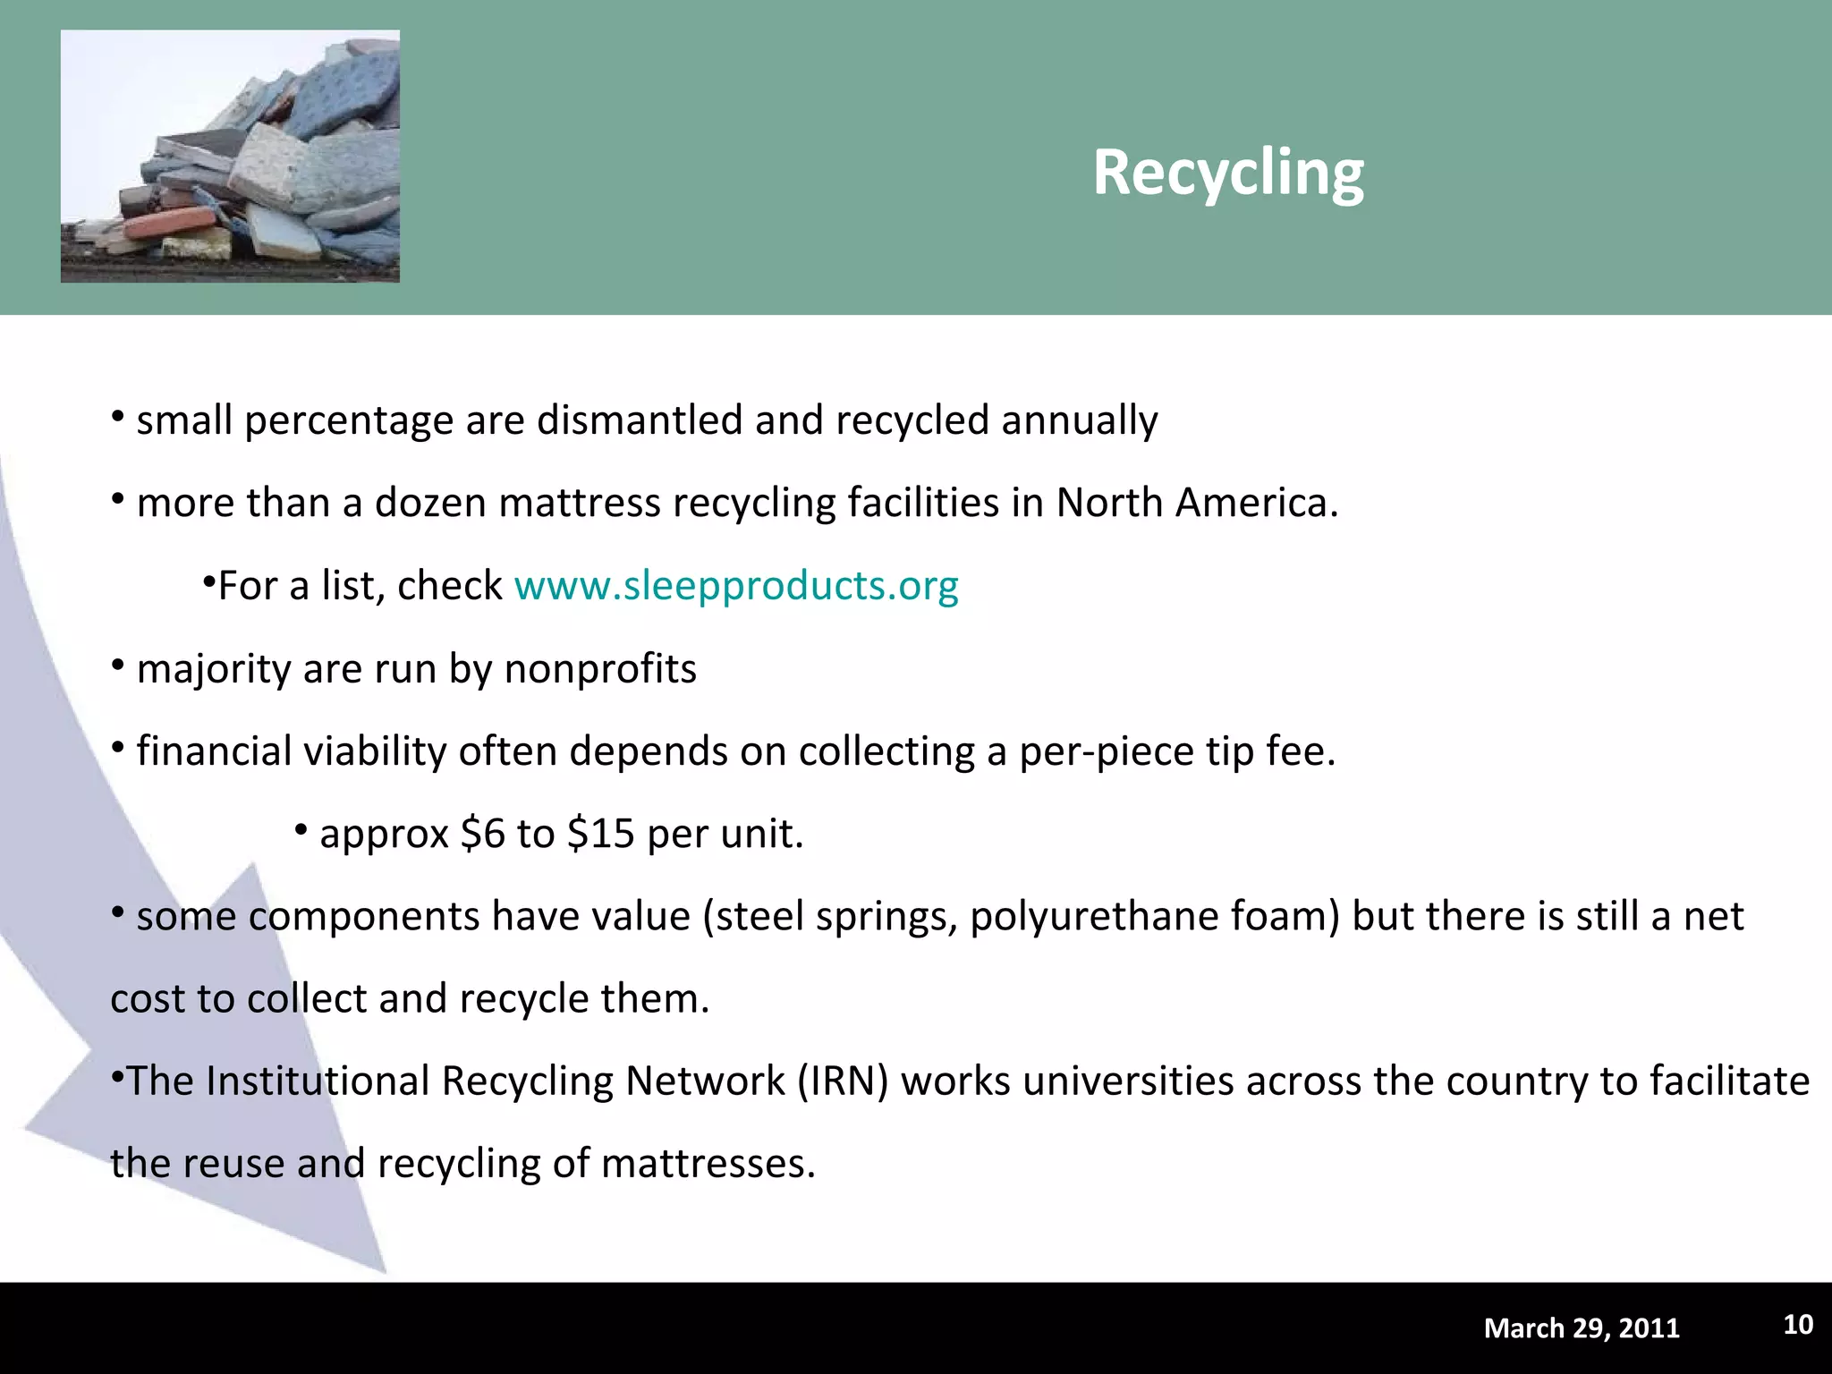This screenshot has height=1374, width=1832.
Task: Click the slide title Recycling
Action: [x=1228, y=173]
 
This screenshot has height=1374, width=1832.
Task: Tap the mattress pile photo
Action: [x=230, y=157]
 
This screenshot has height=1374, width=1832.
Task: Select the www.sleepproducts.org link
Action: [x=736, y=586]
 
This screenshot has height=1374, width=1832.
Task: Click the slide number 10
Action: [x=1798, y=1325]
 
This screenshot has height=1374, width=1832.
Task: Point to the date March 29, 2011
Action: [x=1582, y=1328]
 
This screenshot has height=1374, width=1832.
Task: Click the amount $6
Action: [x=483, y=834]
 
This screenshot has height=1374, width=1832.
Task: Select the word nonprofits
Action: [x=600, y=668]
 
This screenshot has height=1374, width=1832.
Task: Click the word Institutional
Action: [x=318, y=1081]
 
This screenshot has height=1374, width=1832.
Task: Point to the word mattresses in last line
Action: [x=708, y=1164]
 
